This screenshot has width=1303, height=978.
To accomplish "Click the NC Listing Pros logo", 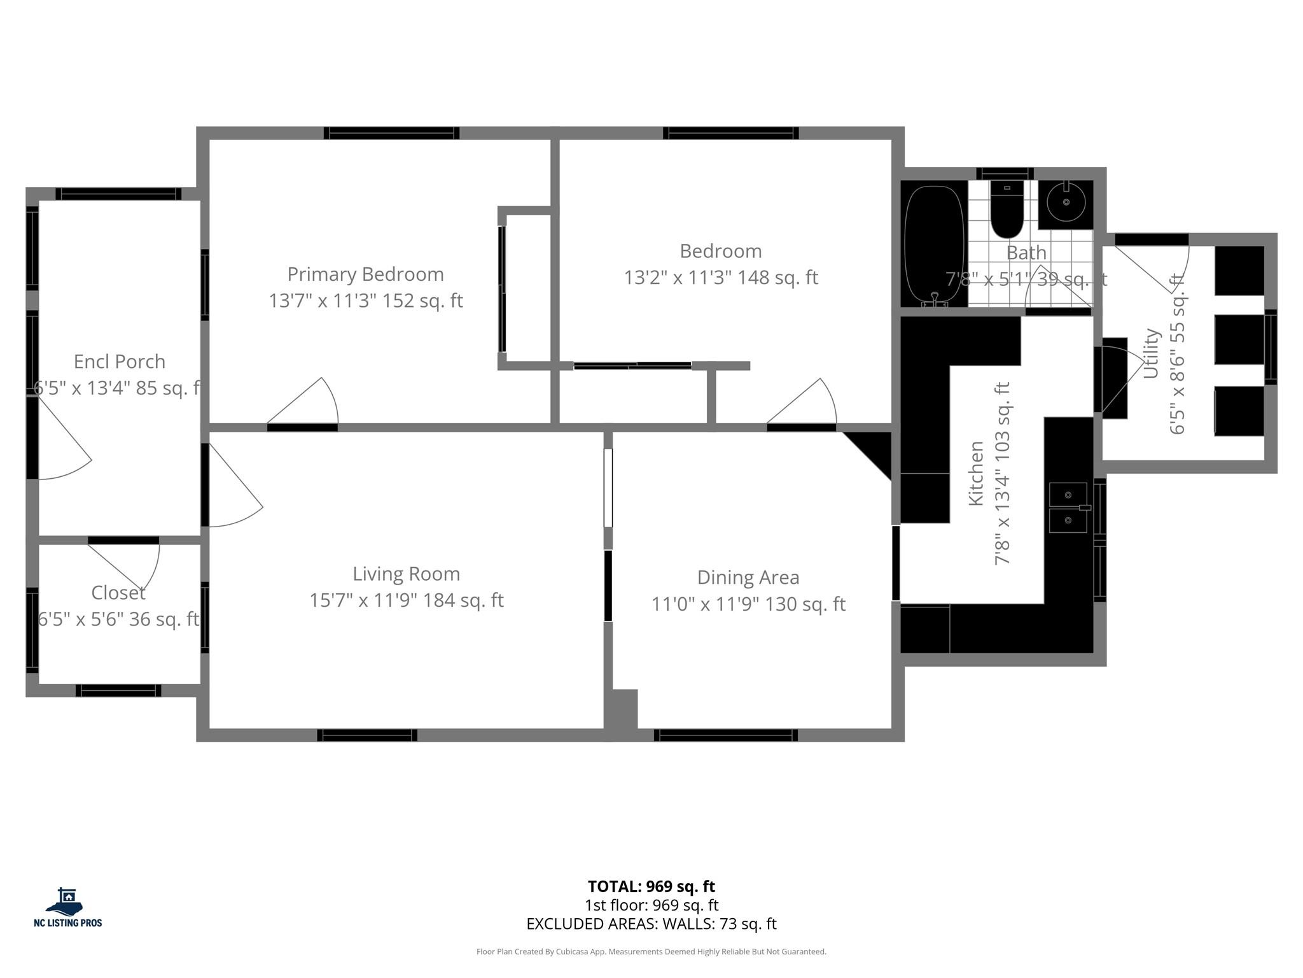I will (67, 907).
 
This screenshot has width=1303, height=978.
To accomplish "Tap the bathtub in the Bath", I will (934, 245).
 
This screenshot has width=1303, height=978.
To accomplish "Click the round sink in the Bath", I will (1066, 203).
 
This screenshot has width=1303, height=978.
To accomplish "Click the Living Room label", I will (407, 574).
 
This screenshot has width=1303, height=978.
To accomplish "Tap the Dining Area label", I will (748, 578).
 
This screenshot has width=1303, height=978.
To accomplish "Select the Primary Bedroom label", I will (365, 274).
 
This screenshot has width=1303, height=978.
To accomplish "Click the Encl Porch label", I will (120, 362).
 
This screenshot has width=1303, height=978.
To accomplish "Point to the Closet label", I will (118, 593).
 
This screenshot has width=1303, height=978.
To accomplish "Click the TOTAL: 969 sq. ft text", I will (651, 886).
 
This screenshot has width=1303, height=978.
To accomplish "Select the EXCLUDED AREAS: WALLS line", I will (651, 923).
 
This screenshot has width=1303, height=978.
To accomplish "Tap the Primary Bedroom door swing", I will (309, 404).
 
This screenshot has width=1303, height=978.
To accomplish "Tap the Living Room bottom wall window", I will (367, 735).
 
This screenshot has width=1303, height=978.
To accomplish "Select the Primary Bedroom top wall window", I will (391, 133).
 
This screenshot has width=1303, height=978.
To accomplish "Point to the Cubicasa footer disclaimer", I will (651, 952).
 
